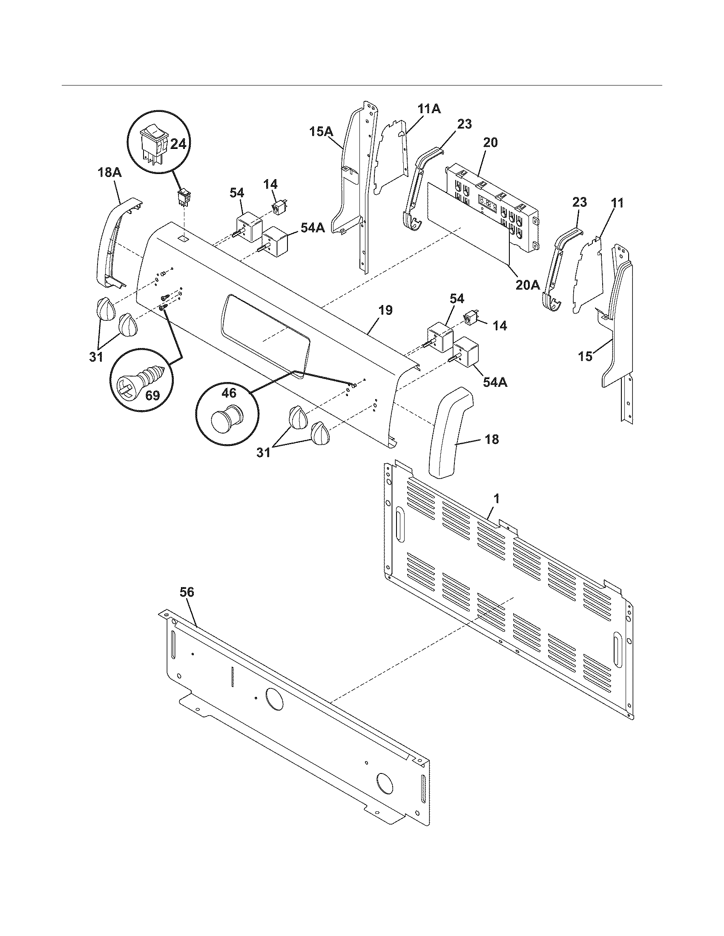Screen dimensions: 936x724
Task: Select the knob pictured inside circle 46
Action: point(227,416)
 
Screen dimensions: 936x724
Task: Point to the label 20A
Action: point(527,285)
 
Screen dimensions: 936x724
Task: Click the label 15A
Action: point(321,131)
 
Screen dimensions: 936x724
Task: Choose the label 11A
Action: point(429,109)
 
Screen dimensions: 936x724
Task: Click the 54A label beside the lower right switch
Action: point(495,382)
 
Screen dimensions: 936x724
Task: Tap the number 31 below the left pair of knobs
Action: point(96,357)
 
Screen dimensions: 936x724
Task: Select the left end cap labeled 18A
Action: point(110,244)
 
